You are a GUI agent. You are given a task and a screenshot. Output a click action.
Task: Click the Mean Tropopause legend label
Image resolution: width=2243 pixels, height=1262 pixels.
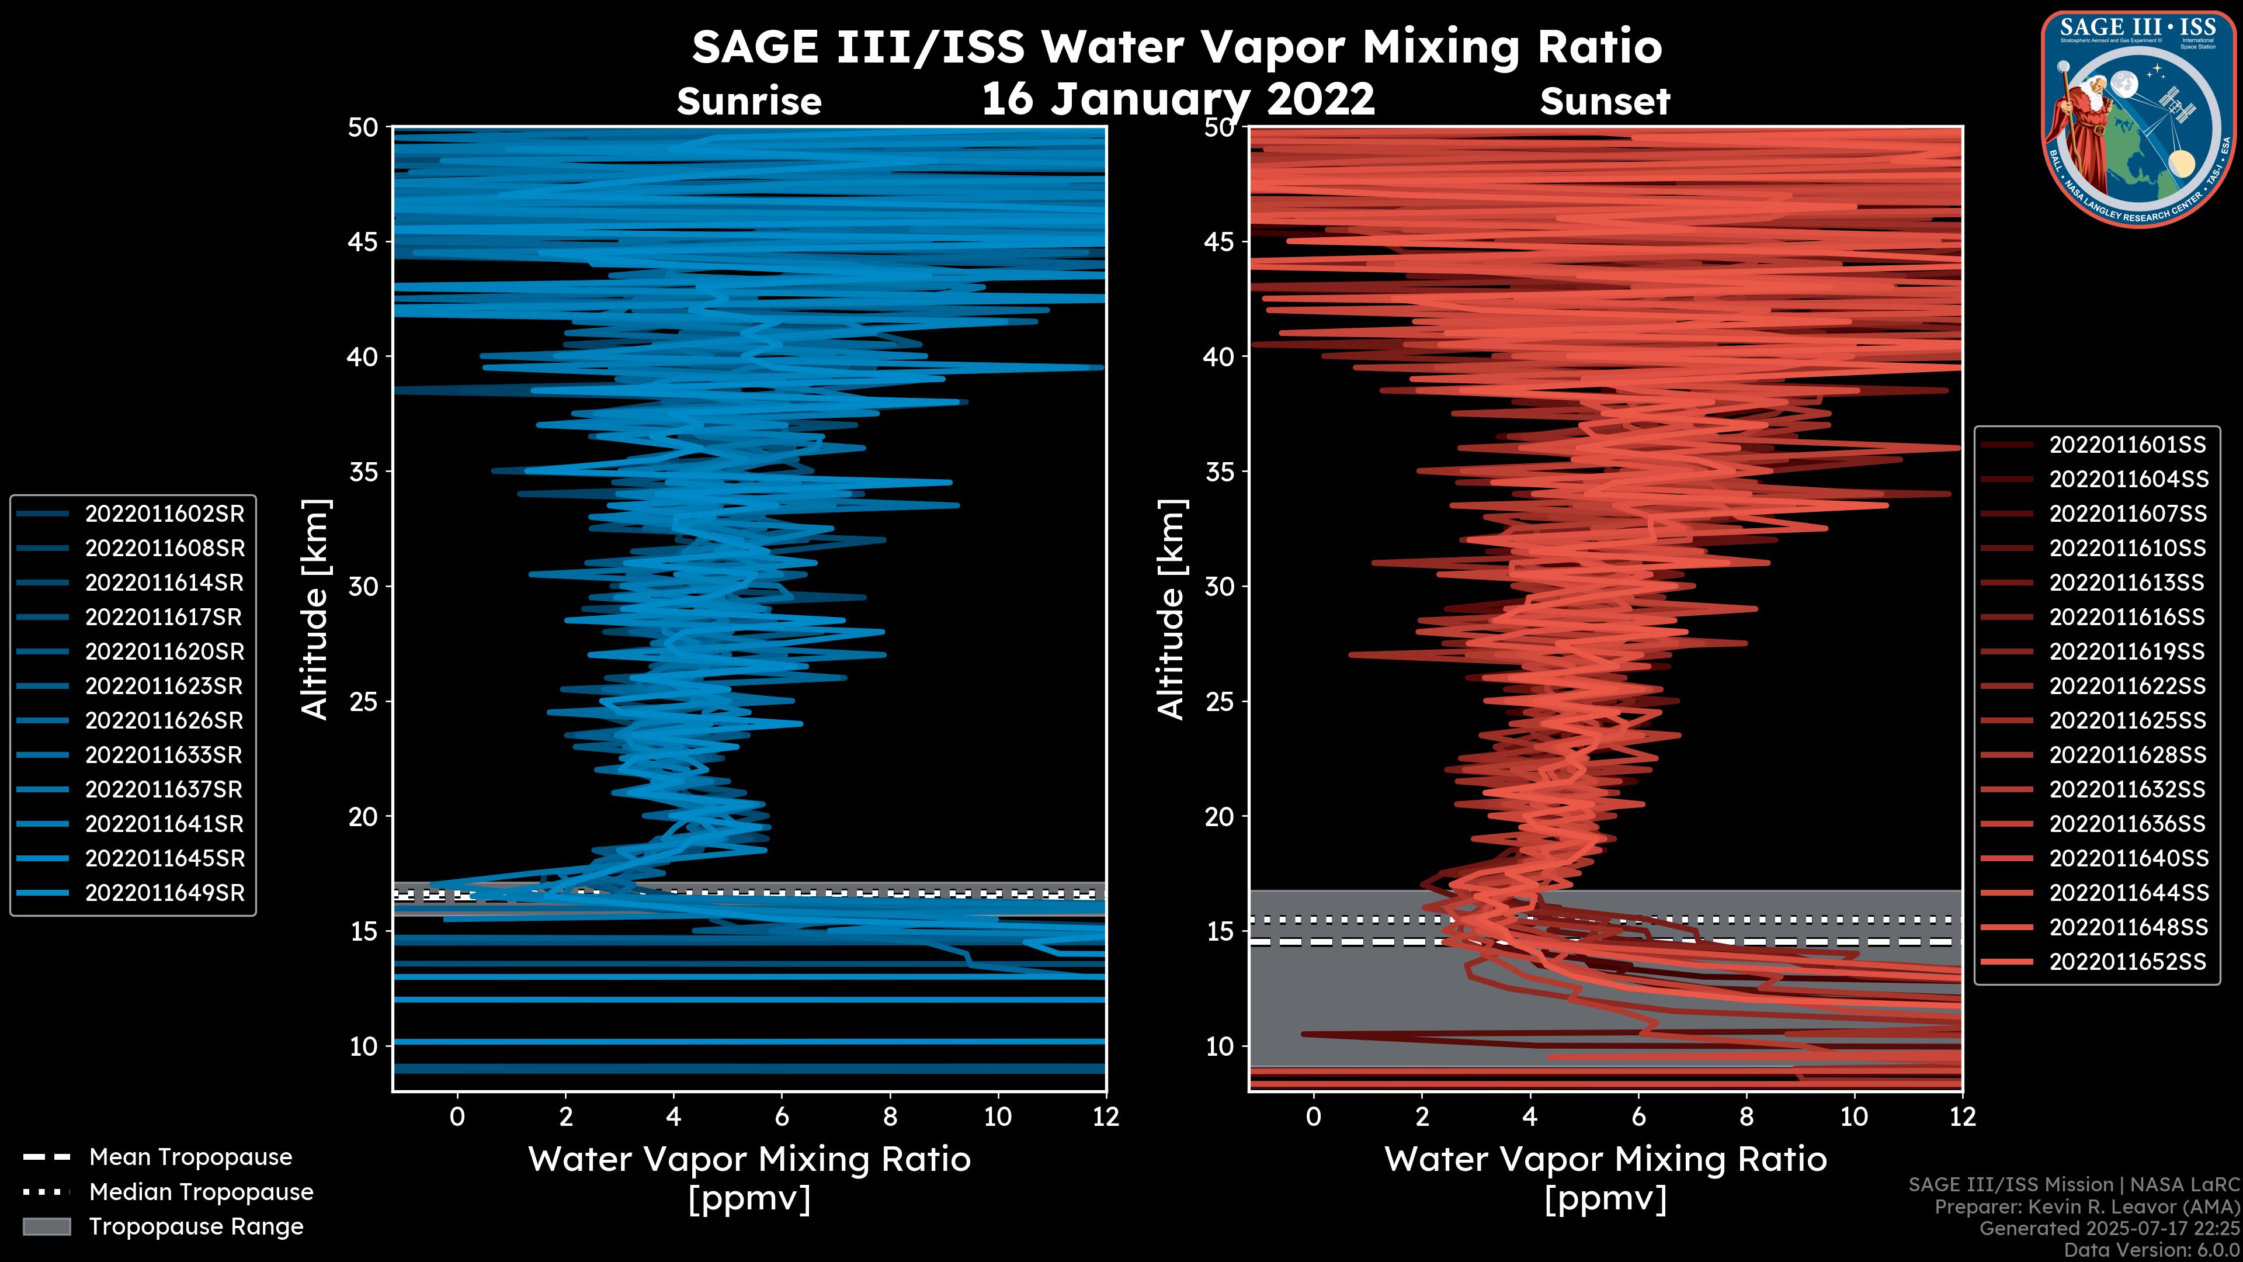click(x=190, y=1157)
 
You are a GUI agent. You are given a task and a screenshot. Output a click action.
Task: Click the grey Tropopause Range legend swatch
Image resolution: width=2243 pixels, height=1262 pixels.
click(x=47, y=1226)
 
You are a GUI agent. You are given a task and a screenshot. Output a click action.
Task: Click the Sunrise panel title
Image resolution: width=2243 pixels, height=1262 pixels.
click(x=749, y=102)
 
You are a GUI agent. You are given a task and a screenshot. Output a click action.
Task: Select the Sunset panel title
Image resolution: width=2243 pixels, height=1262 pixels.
click(x=1605, y=102)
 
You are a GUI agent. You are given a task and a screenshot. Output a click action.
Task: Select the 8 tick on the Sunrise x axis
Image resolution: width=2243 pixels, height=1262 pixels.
click(x=889, y=1117)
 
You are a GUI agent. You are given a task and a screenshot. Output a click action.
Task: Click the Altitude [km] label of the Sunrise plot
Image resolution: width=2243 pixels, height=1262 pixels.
click(x=315, y=609)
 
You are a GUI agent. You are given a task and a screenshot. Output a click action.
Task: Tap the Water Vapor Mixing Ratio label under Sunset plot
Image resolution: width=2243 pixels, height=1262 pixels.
click(x=1605, y=1159)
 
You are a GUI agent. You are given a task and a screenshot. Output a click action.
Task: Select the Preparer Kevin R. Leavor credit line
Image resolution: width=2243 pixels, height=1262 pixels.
click(x=2086, y=1206)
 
